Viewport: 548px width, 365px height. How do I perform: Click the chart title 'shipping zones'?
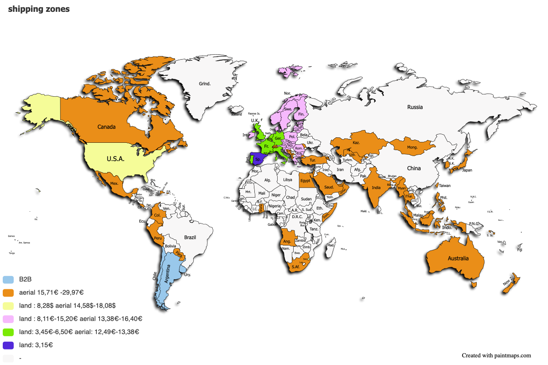pyautogui.click(x=39, y=10)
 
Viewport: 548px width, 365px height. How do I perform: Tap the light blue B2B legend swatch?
pyautogui.click(x=8, y=279)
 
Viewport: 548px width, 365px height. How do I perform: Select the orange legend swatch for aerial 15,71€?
pyautogui.click(x=8, y=292)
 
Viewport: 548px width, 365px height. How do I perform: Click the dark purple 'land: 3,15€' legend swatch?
pyautogui.click(x=8, y=345)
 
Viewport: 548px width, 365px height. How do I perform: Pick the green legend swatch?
pyautogui.click(x=8, y=332)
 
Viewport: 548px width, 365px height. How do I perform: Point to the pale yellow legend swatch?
pyautogui.click(x=8, y=306)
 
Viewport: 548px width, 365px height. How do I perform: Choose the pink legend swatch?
pyautogui.click(x=8, y=319)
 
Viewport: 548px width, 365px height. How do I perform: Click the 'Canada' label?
pyautogui.click(x=106, y=127)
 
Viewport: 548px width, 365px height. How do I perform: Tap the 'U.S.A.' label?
pyautogui.click(x=116, y=159)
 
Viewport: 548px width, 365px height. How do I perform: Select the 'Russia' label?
pyautogui.click(x=415, y=107)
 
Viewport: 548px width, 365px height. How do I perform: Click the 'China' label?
pyautogui.click(x=414, y=168)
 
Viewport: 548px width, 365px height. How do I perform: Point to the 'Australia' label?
pyautogui.click(x=458, y=259)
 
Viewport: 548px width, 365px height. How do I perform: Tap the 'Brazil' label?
pyautogui.click(x=190, y=237)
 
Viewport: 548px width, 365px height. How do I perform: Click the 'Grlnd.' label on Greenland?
pyautogui.click(x=205, y=84)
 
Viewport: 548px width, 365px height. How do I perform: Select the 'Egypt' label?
pyautogui.click(x=305, y=181)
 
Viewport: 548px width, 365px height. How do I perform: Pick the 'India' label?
pyautogui.click(x=376, y=188)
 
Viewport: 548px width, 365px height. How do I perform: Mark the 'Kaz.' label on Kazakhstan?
pyautogui.click(x=356, y=143)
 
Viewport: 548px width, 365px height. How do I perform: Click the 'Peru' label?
pyautogui.click(x=158, y=238)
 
